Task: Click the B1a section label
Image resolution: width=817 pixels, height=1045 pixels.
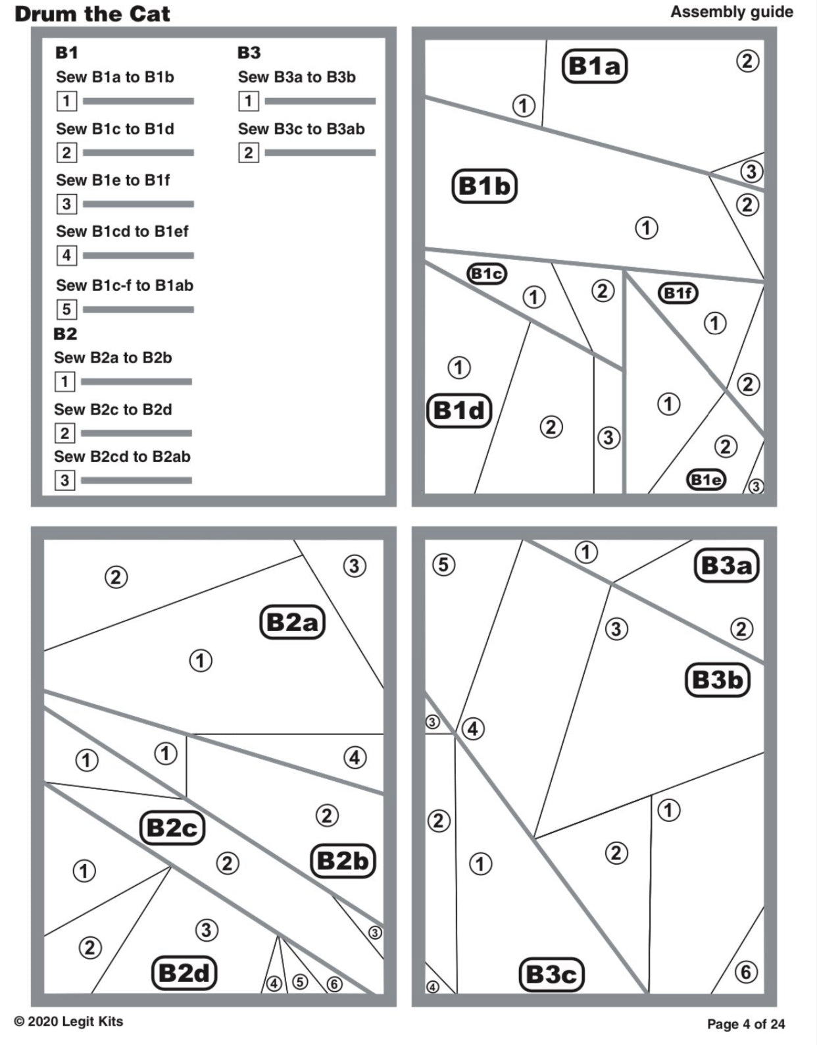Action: click(594, 66)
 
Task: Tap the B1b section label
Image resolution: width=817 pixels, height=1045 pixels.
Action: click(484, 186)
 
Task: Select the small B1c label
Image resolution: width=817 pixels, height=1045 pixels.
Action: click(487, 273)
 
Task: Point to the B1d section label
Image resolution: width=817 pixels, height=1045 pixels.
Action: click(459, 411)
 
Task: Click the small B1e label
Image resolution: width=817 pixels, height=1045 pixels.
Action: click(706, 479)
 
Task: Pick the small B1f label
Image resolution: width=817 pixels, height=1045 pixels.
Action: click(678, 293)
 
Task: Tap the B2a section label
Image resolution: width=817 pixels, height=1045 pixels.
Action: click(292, 622)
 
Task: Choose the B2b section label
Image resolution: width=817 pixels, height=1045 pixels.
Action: click(342, 861)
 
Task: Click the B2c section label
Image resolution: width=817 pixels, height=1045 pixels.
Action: click(172, 828)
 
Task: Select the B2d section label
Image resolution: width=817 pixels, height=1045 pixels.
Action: click(184, 973)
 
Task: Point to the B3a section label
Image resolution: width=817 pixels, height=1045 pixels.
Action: click(726, 565)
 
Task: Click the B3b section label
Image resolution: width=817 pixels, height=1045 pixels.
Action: click(717, 679)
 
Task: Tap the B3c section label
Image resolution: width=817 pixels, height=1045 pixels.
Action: click(551, 974)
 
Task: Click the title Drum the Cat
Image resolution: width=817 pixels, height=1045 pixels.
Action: click(92, 14)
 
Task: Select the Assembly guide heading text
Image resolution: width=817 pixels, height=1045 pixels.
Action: click(731, 12)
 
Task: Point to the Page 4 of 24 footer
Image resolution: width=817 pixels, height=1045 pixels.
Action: click(746, 1024)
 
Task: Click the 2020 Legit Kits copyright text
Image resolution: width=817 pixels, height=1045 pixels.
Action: click(68, 1021)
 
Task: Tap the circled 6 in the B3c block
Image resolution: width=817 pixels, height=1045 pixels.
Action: click(745, 971)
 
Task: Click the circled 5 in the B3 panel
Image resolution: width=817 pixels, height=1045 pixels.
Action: click(443, 564)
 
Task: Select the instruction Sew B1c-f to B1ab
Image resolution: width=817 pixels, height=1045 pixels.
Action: click(124, 285)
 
